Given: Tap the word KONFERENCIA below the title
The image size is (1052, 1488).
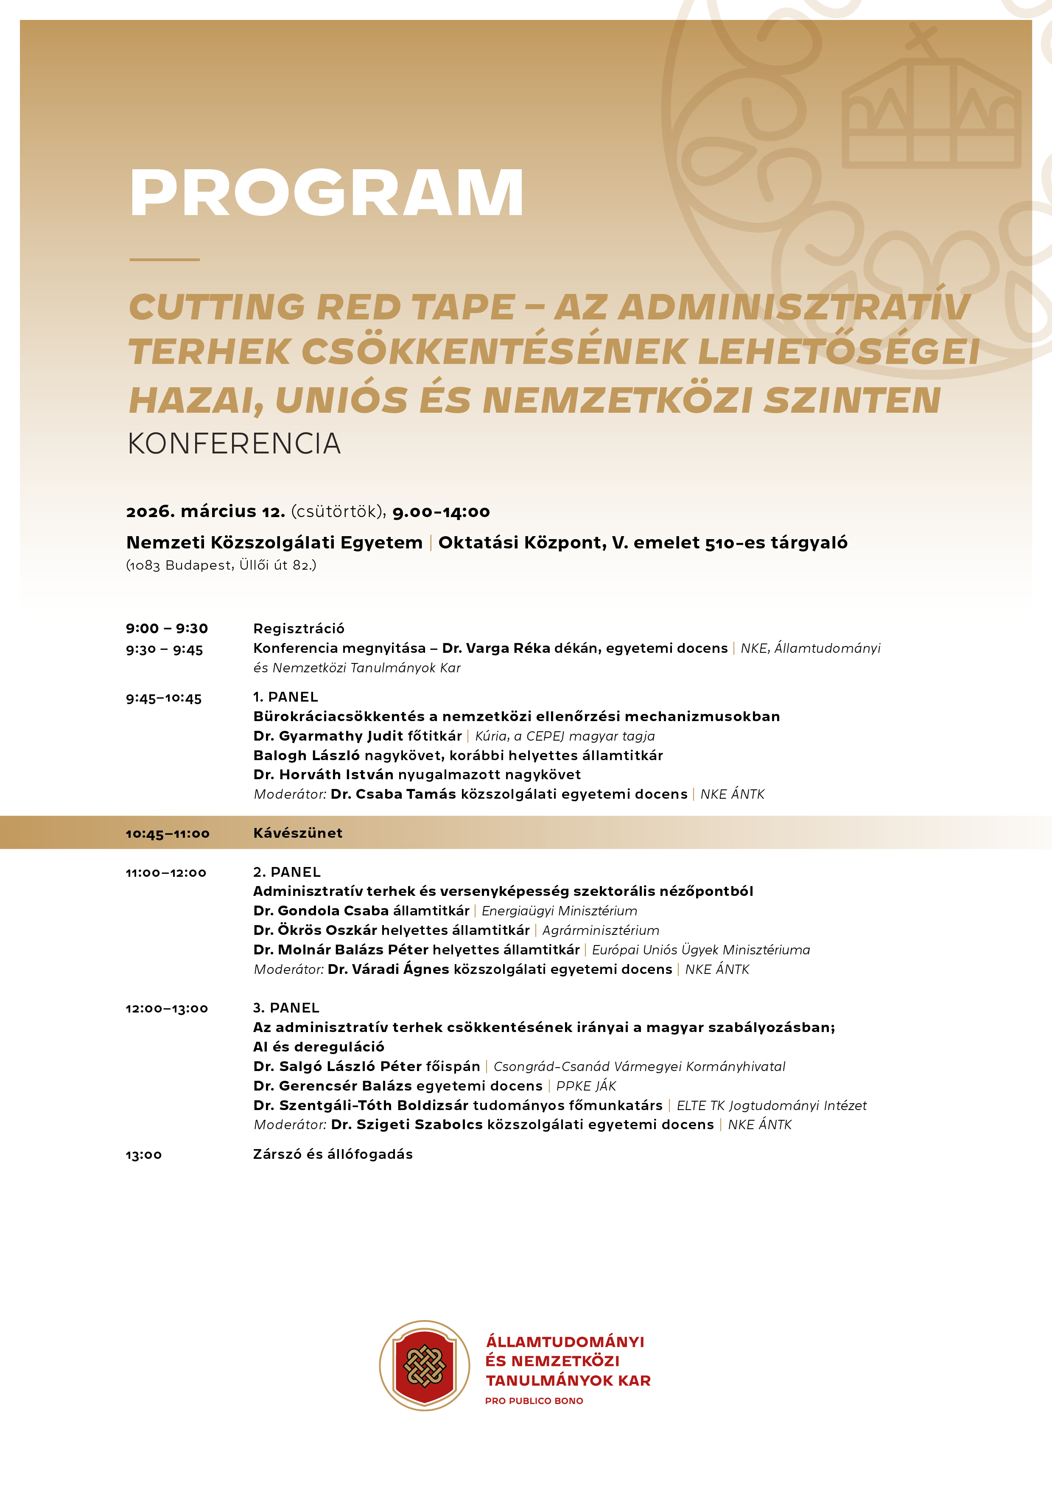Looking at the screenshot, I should point(234,444).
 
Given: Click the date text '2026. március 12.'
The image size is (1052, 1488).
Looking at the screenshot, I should point(205,511).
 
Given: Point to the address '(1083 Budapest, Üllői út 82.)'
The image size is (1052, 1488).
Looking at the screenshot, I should point(221,565).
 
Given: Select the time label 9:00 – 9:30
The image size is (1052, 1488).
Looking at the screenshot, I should point(167,628).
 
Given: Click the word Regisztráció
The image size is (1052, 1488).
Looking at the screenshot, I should point(299,628).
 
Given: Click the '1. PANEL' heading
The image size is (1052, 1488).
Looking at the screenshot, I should point(286,696).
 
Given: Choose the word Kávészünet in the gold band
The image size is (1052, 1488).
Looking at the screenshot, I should point(297,833).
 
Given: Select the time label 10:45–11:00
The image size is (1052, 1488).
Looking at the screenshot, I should point(167,834).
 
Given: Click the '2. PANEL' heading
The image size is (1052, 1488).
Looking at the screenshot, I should point(287,872).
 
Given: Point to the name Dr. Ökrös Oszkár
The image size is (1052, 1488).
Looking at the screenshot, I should point(315,930).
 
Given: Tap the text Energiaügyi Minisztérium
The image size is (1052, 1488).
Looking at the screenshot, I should point(560,911).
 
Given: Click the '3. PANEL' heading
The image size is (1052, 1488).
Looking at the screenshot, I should point(286,1008).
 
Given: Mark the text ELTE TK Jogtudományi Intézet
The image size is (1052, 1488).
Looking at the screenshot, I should point(771,1105).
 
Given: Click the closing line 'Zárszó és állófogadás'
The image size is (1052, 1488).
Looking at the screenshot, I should point(333,1154).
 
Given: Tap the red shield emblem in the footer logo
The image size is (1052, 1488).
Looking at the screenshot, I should point(425,1365).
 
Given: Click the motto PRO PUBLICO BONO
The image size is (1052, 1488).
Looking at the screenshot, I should point(534,1401).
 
